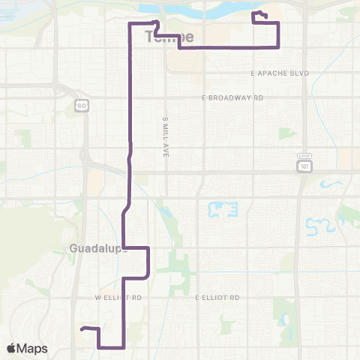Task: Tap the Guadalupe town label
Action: coord(97,248)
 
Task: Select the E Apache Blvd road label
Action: coord(280,73)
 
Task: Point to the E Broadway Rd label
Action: coord(233,97)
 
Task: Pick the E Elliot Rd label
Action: coord(218,297)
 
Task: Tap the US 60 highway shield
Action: coord(81,106)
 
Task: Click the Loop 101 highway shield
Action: coord(303,165)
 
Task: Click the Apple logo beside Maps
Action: coord(13,349)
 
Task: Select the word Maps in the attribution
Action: coord(33,349)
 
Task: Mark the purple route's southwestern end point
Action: coord(82,328)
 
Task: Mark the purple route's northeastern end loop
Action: coord(259,17)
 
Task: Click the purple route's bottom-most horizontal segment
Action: coord(111,347)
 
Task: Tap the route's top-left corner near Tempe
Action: coord(132,25)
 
